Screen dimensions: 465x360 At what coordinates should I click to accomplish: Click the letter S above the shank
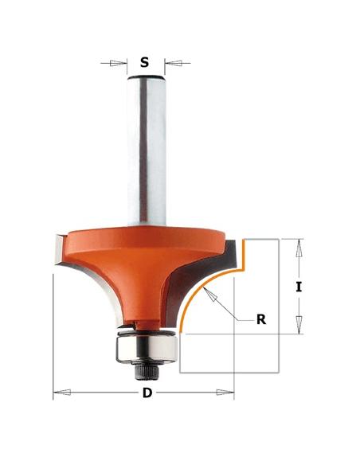point(144,61)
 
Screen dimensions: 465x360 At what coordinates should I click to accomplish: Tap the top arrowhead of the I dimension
point(299,244)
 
